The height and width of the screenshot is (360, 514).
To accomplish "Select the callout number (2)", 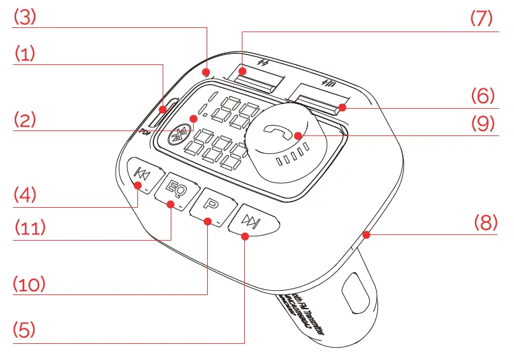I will pyautogui.click(x=26, y=119).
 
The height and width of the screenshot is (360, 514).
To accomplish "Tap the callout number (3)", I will pyautogui.click(x=26, y=18).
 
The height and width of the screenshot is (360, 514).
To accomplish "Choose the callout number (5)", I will pyautogui.click(x=26, y=329).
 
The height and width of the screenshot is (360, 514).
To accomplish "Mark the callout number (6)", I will pyautogui.click(x=483, y=96).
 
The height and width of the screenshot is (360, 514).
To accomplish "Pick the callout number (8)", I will pyautogui.click(x=486, y=222).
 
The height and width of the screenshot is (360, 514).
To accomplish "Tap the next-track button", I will pyautogui.click(x=251, y=221).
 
